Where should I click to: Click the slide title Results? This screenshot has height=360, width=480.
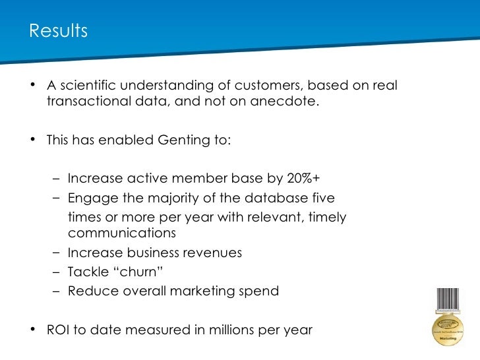58,31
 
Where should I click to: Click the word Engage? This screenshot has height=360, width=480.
90,198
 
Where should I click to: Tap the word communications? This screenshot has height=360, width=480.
121,233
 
